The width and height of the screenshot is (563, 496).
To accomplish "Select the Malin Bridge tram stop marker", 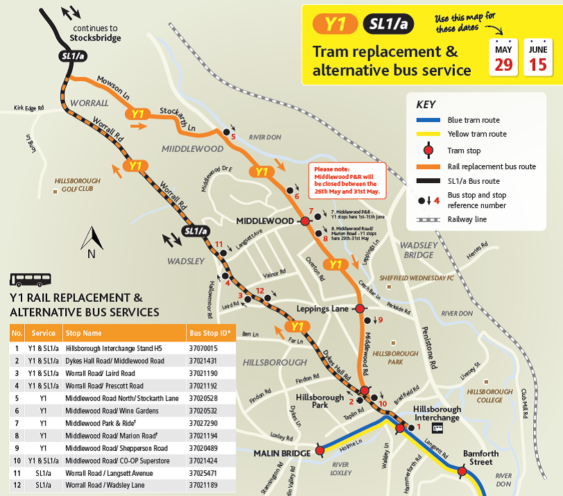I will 320,450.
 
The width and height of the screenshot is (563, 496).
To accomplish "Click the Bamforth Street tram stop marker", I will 462,472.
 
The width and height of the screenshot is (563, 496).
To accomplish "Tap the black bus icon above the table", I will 27,280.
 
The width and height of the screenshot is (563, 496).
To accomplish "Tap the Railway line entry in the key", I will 467,219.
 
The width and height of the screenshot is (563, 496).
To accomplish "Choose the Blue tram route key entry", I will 473,120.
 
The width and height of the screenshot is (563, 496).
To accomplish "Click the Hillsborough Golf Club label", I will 77,185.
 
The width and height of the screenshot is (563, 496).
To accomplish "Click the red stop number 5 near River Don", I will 233,137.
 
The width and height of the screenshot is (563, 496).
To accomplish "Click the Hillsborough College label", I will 490,395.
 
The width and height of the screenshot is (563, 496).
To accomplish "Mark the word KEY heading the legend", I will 426,105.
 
